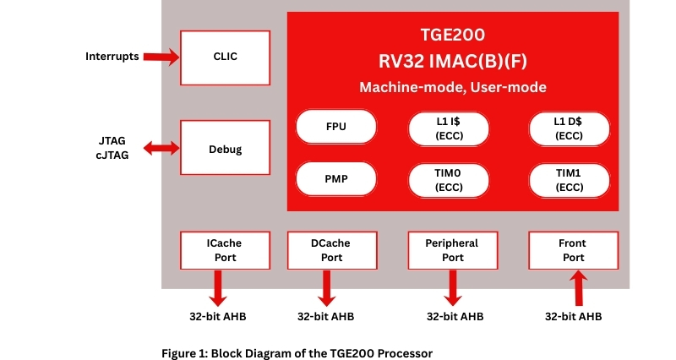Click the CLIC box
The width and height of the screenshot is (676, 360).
point(226,57)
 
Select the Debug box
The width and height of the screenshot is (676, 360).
point(226,149)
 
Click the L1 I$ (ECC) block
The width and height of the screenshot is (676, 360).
point(447,128)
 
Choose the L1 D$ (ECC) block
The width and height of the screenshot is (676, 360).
point(568,128)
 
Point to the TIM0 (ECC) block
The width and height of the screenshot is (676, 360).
point(447,178)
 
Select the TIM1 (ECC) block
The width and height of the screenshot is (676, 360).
point(568,178)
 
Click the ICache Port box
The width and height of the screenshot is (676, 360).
point(224,250)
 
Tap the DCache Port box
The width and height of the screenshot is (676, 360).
point(331,250)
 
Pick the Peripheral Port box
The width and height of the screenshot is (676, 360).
point(453,250)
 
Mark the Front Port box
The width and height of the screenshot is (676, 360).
point(573,250)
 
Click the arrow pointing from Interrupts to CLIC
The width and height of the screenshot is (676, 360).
point(161,57)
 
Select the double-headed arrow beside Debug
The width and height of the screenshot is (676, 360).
point(161,149)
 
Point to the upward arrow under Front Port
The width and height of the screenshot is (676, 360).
point(579,288)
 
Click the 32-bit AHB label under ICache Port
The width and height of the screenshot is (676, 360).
point(217,318)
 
